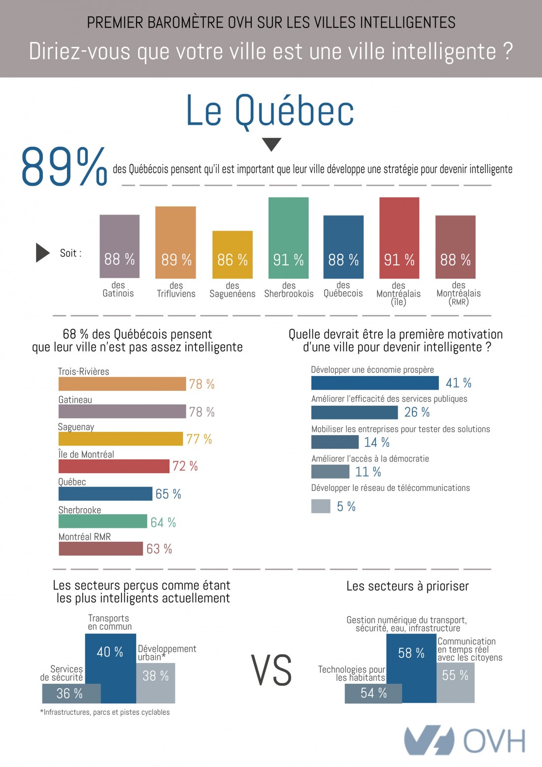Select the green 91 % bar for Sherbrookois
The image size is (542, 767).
tap(288, 238)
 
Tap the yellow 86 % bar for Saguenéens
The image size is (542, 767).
tap(232, 254)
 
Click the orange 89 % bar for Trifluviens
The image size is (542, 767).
tap(175, 242)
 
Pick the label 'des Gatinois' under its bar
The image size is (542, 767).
tap(118, 289)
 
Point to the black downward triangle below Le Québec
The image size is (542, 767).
tap(271, 144)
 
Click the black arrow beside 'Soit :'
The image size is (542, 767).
tap(43, 253)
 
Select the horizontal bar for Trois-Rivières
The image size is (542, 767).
tap(122, 384)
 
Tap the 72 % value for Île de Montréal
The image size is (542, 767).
tap(185, 466)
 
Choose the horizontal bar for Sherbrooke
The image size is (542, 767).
tap(102, 522)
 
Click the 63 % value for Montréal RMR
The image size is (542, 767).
tap(159, 549)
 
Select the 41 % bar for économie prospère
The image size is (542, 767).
tap(374, 383)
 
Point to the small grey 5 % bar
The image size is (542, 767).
tap(321, 506)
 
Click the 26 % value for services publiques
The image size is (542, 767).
tap(417, 413)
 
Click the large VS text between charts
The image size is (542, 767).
tap(271, 670)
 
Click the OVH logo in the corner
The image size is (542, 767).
tap(464, 740)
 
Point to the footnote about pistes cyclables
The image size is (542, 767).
tap(105, 712)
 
